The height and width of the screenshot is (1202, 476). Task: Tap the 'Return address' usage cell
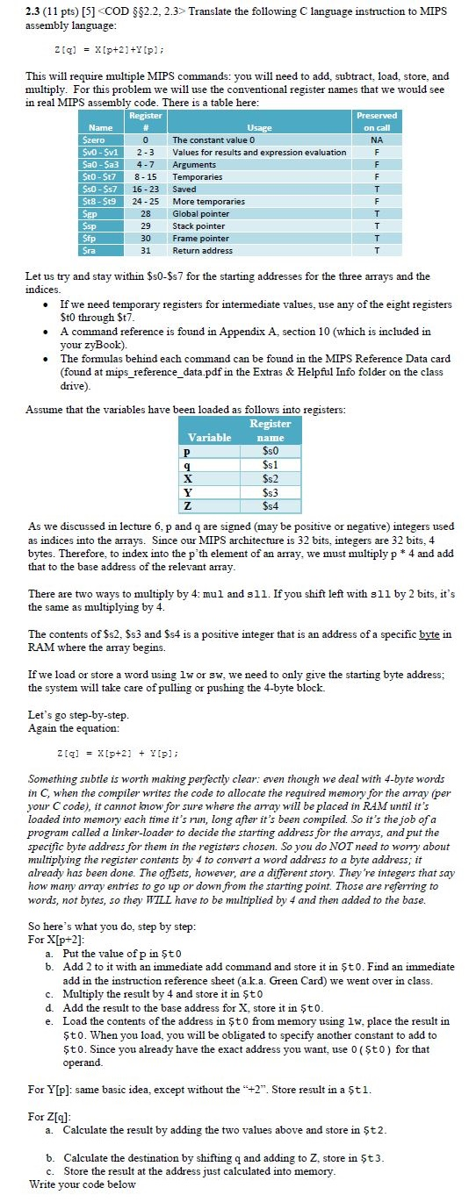pos(203,249)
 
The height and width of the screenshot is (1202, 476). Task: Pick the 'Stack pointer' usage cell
pos(202,225)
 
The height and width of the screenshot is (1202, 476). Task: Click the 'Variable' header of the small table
pos(212,436)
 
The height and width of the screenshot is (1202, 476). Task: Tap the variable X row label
pos(186,477)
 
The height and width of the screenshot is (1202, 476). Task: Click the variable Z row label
pos(186,505)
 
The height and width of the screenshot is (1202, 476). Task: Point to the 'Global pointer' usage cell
pos(204,212)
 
